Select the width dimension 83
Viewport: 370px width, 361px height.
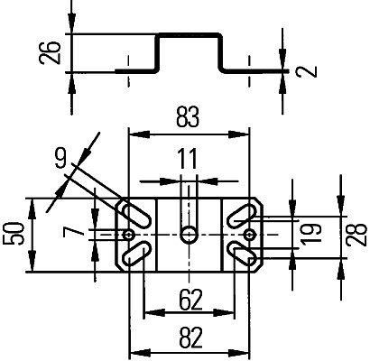[x=188, y=116]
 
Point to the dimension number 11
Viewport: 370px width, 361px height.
[x=187, y=160]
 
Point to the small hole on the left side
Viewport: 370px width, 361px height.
[x=132, y=235]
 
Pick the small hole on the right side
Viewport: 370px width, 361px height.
[x=245, y=235]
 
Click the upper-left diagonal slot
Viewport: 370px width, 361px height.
[x=136, y=216]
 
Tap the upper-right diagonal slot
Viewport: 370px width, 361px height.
[x=241, y=216]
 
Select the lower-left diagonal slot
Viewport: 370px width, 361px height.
[x=136, y=254]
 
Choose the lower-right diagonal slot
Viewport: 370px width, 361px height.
[x=241, y=254]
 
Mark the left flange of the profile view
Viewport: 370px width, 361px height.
[x=135, y=69]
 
